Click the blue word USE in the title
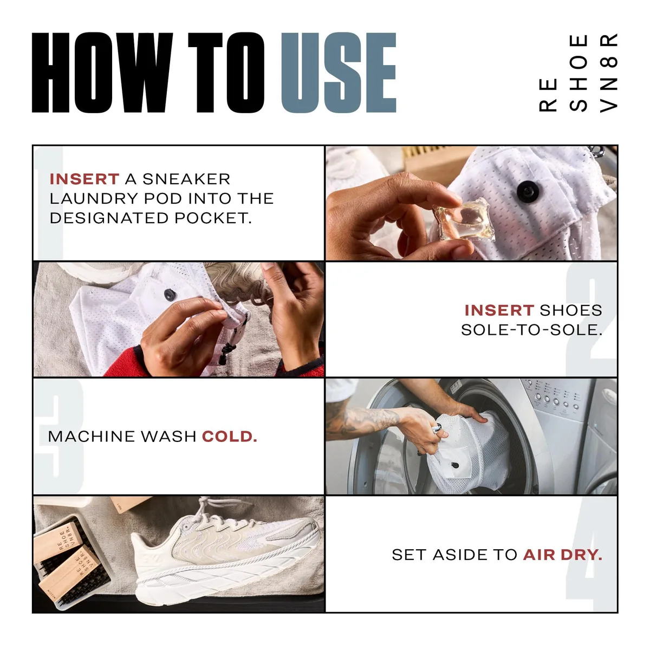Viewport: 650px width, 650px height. [339, 73]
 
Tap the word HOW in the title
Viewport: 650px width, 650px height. [102, 73]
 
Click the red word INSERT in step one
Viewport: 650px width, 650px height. [84, 179]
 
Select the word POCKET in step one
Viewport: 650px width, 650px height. [213, 218]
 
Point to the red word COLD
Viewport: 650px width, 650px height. [229, 437]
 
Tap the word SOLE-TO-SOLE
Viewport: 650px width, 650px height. [531, 330]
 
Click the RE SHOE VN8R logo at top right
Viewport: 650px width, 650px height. [578, 73]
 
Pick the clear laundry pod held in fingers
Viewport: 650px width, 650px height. [464, 219]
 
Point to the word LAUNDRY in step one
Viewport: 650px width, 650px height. [94, 199]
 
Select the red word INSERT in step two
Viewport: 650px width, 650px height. [499, 310]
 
